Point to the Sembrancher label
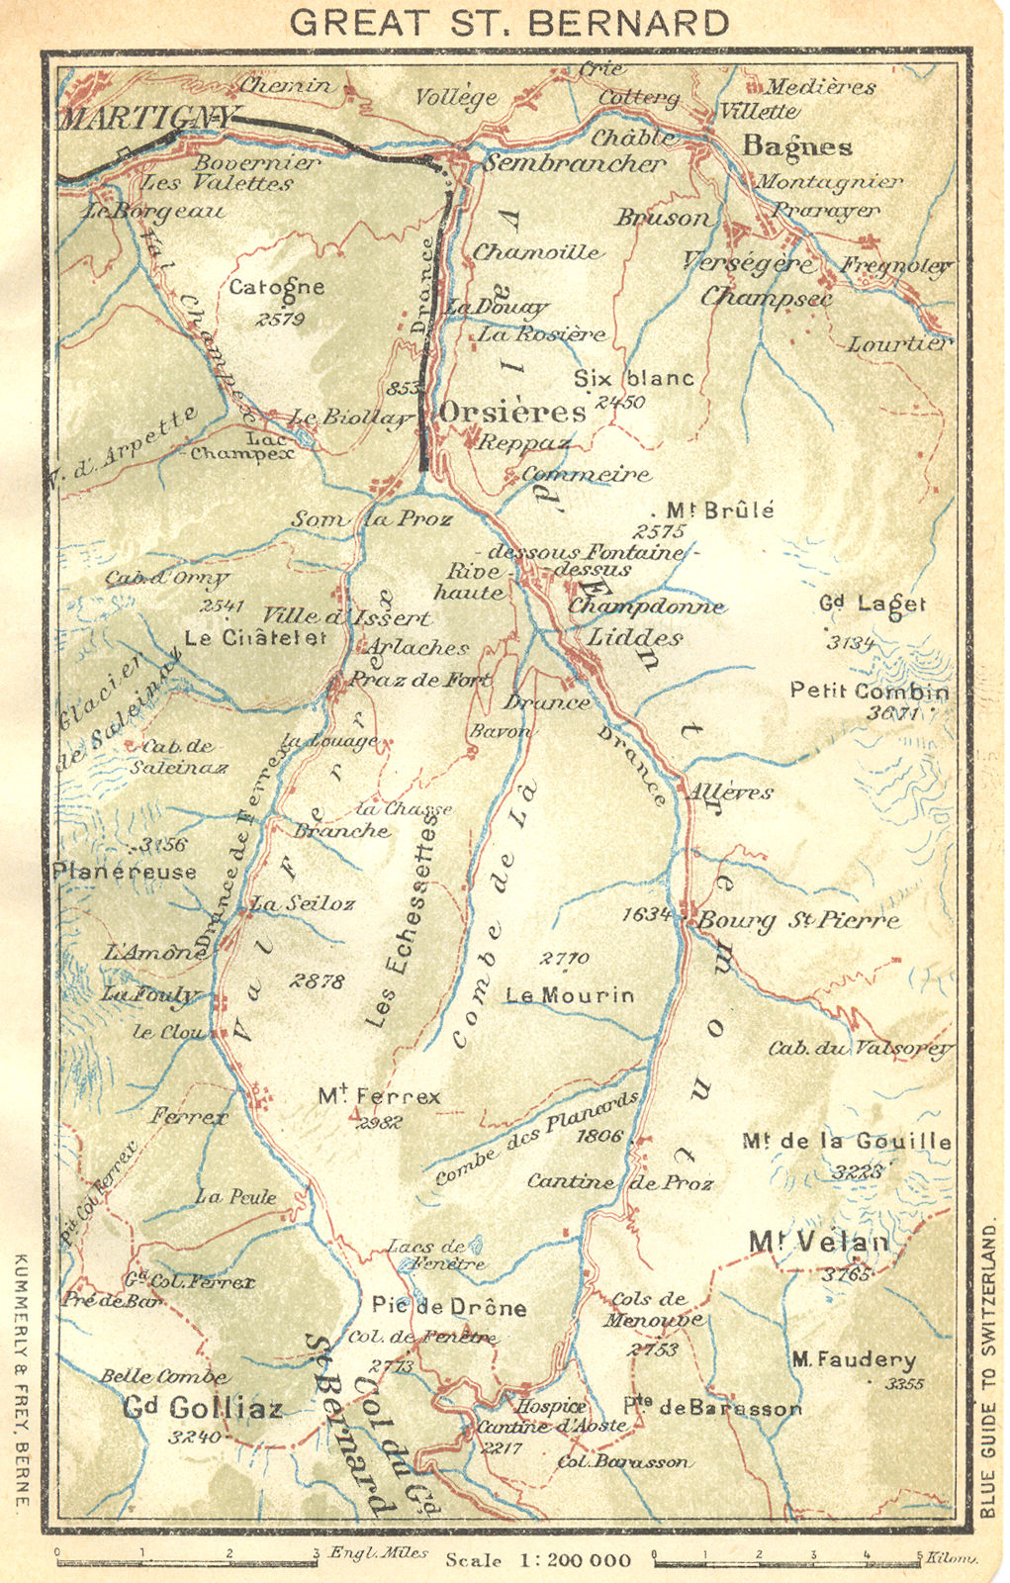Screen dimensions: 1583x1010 click(x=574, y=163)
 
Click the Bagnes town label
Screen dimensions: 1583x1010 click(x=796, y=146)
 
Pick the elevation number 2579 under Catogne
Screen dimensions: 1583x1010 click(x=279, y=319)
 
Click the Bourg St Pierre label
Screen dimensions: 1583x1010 click(x=798, y=920)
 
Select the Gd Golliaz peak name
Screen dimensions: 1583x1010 click(x=204, y=1406)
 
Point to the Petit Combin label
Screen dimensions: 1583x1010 click(x=869, y=691)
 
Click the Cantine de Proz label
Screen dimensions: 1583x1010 click(x=619, y=1181)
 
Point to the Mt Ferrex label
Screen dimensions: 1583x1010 click(x=379, y=1096)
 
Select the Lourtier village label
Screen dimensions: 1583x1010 click(x=898, y=343)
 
